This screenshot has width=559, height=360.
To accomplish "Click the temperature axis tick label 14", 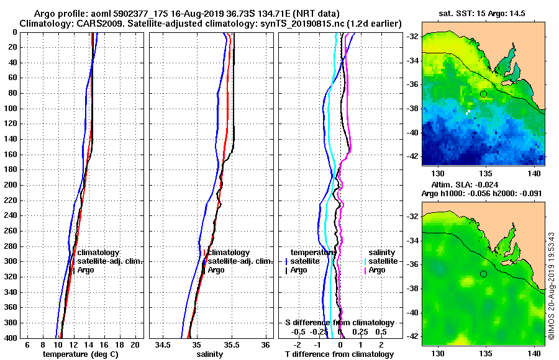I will (88, 344).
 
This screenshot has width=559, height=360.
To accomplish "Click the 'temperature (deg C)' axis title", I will (81, 354).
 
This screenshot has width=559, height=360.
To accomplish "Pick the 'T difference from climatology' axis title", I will (339, 354).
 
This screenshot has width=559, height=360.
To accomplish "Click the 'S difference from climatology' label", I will (339, 323).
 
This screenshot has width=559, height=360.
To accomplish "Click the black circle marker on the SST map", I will (483, 94).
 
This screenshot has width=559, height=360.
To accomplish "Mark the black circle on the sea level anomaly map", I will (483, 274).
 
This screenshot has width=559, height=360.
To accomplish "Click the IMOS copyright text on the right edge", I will (552, 286).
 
